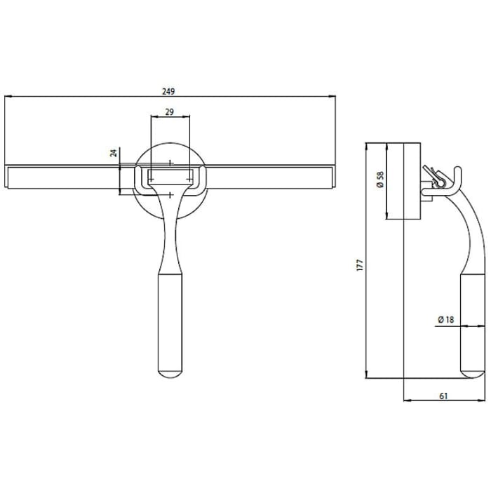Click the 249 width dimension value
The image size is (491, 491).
[x=169, y=91]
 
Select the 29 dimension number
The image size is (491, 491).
[x=170, y=111]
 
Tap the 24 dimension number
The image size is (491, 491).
[x=113, y=153]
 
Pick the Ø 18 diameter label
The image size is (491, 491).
[x=445, y=321]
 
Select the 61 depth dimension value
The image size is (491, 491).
[x=444, y=396]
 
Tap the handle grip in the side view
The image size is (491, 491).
[x=471, y=323]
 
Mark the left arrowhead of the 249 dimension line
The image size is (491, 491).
[x=7, y=97]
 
